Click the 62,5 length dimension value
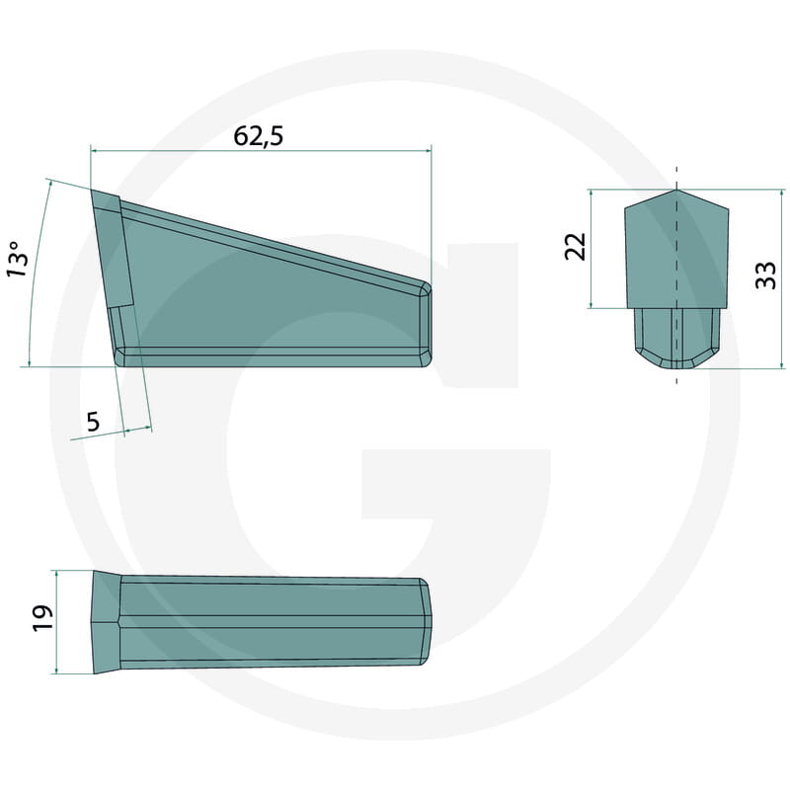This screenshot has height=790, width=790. coord(259,136)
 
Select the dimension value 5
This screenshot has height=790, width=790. coord(93,422)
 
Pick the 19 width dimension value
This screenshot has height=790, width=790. coord(40,619)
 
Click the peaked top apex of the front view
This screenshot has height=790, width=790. coord(677,191)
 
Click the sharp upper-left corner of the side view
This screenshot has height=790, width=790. coord(93,192)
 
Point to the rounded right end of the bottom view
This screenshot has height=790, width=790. coord(427,619)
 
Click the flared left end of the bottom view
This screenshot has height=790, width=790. coord(105,622)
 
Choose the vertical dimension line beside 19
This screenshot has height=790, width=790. coord(57,622)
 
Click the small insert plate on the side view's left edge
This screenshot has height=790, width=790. coord(112,247)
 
